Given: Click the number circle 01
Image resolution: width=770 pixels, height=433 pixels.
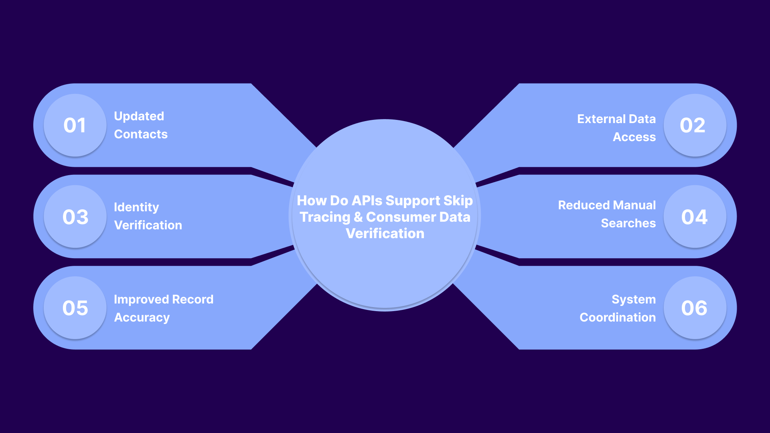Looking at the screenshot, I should [x=75, y=125].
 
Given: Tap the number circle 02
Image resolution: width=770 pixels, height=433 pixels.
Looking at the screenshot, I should [x=695, y=125].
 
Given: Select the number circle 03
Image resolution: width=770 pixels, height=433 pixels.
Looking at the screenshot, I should [x=75, y=216].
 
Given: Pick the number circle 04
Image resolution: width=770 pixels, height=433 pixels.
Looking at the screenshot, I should [x=695, y=216].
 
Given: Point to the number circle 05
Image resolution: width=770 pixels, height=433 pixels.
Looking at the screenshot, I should [x=75, y=308].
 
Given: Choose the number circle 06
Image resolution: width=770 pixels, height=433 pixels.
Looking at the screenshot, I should [x=695, y=308].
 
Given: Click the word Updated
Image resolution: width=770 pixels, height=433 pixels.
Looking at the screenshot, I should [x=139, y=116].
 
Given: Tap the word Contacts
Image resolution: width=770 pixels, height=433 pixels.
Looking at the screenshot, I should [x=141, y=134].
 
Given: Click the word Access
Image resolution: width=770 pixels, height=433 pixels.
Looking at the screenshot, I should [x=634, y=137].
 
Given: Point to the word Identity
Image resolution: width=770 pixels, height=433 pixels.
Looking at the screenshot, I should [x=136, y=207].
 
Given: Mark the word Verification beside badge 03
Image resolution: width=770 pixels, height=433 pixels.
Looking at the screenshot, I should [x=148, y=225].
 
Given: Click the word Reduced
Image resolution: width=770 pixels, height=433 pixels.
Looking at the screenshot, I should [x=584, y=205].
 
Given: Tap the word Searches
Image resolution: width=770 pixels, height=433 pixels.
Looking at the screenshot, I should [x=628, y=223].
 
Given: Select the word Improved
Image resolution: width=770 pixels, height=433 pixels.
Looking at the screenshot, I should [x=141, y=299].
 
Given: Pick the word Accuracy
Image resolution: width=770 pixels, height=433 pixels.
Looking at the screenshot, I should [x=142, y=318].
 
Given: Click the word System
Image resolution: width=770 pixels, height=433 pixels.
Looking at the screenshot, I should [x=633, y=299].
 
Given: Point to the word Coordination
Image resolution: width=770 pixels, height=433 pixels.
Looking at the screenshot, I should [x=618, y=318].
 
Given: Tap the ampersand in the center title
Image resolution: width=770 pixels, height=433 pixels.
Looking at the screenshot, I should [x=358, y=217].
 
